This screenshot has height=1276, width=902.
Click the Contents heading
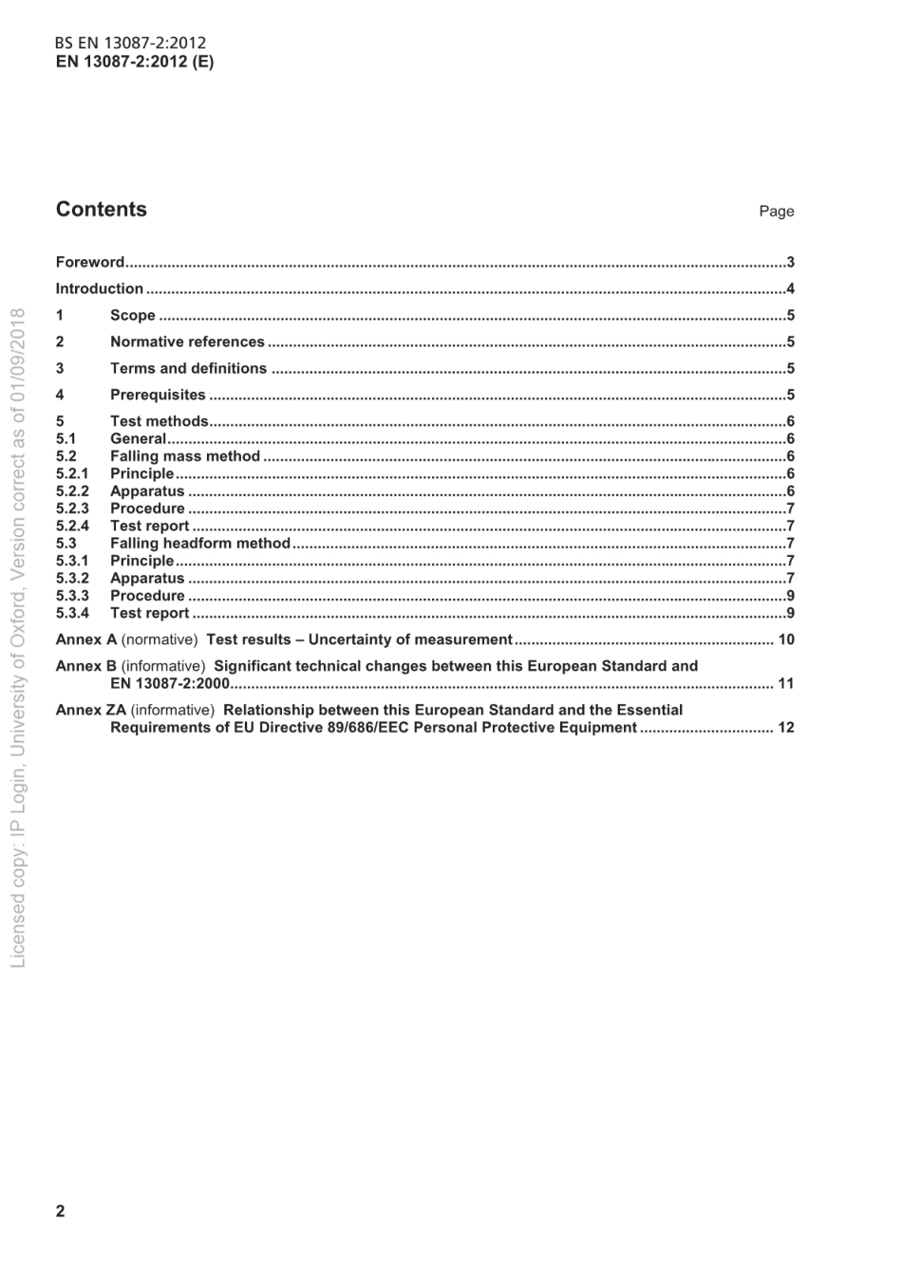point(102,210)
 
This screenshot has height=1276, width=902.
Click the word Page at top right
point(776,212)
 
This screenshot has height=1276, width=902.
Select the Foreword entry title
point(90,263)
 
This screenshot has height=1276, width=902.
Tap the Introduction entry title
point(100,289)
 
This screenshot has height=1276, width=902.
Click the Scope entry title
point(133,316)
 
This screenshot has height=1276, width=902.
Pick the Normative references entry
point(187,342)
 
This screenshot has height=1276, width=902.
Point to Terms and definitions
point(188,369)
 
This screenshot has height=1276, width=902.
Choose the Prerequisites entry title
point(158,396)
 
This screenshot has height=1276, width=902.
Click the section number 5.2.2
point(72,491)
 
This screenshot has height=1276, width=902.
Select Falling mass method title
point(185,456)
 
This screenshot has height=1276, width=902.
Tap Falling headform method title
point(200,544)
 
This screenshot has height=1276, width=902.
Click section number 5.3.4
point(72,614)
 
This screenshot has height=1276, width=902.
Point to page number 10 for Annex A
point(785,640)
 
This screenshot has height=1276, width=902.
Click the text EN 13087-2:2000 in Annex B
point(170,684)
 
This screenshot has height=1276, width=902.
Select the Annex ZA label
point(91,711)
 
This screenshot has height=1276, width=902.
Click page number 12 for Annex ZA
point(785,729)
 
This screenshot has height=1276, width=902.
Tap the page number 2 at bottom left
point(61,1211)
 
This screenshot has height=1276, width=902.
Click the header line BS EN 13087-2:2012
point(130,43)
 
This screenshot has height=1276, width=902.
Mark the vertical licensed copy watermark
point(18,636)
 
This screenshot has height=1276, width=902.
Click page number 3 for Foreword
point(790,263)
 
